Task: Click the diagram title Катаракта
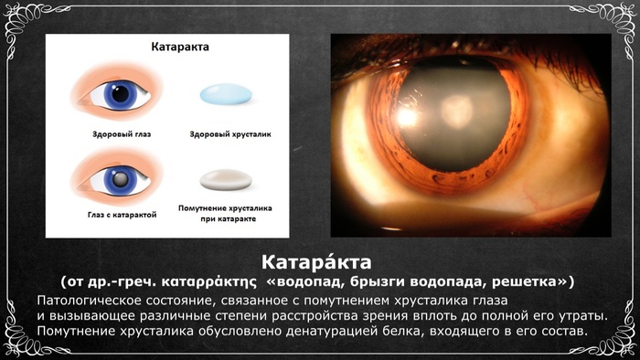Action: coord(180,47)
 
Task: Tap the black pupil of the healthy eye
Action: coord(121,94)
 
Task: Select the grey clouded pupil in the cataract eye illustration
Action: coord(120,179)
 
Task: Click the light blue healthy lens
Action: coord(226,94)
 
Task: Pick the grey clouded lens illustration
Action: coord(226,179)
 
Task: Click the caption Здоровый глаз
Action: coord(122,134)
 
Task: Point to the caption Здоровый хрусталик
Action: coord(230,134)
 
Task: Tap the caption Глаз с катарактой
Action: coord(122,215)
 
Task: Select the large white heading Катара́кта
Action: coord(316,262)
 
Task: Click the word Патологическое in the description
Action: coord(82,301)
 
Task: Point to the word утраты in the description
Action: coord(581,316)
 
